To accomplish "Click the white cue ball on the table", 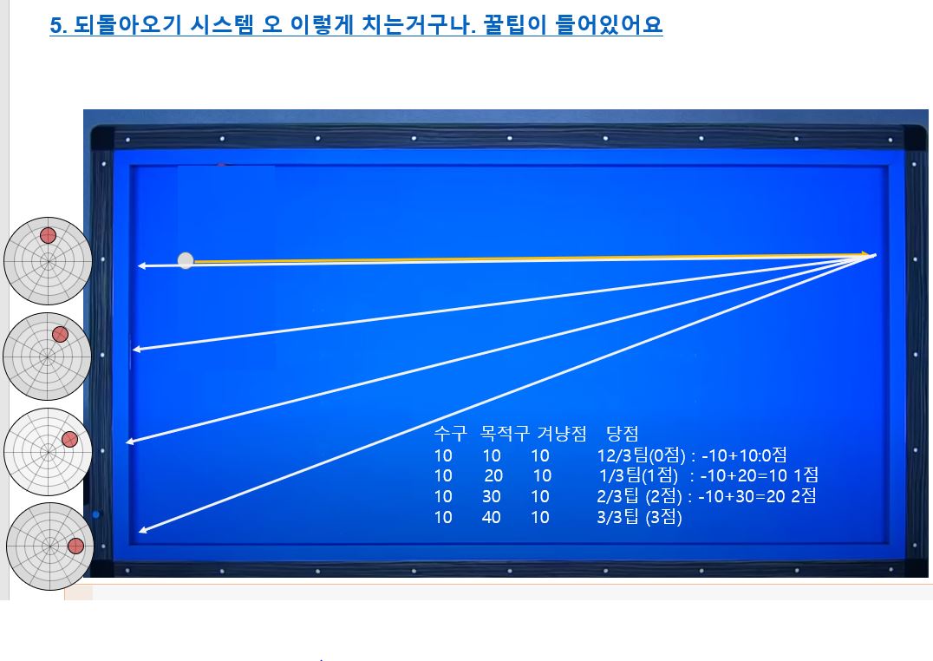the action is coord(186,260).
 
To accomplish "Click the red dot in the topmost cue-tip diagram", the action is coord(49,236).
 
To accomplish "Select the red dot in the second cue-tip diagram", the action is coord(60,335).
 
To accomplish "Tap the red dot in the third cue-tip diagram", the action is coord(69,440).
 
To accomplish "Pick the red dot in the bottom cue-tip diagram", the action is coord(75,546).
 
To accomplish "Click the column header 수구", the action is coord(450,433).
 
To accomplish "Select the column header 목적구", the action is coord(505,433).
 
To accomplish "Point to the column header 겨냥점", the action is coord(562,433).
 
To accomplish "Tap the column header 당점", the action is coord(623,433).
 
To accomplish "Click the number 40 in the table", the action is coord(491,517).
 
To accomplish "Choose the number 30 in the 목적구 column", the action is coord(492,497).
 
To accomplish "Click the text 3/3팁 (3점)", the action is coord(639,517).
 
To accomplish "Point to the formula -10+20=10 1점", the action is coord(760,475).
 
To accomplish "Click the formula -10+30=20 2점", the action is coord(757,496).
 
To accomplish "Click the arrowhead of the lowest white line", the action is coord(143,529).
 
